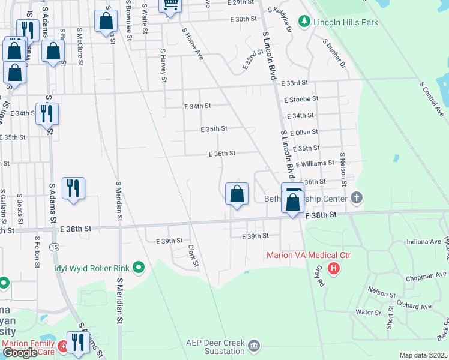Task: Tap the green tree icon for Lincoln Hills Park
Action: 304,22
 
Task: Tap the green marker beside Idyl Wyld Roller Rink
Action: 139,268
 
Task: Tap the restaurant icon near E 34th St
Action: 47,113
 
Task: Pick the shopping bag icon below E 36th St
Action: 237,194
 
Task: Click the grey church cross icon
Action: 357,197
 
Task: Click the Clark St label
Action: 192,256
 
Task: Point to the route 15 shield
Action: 54,247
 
